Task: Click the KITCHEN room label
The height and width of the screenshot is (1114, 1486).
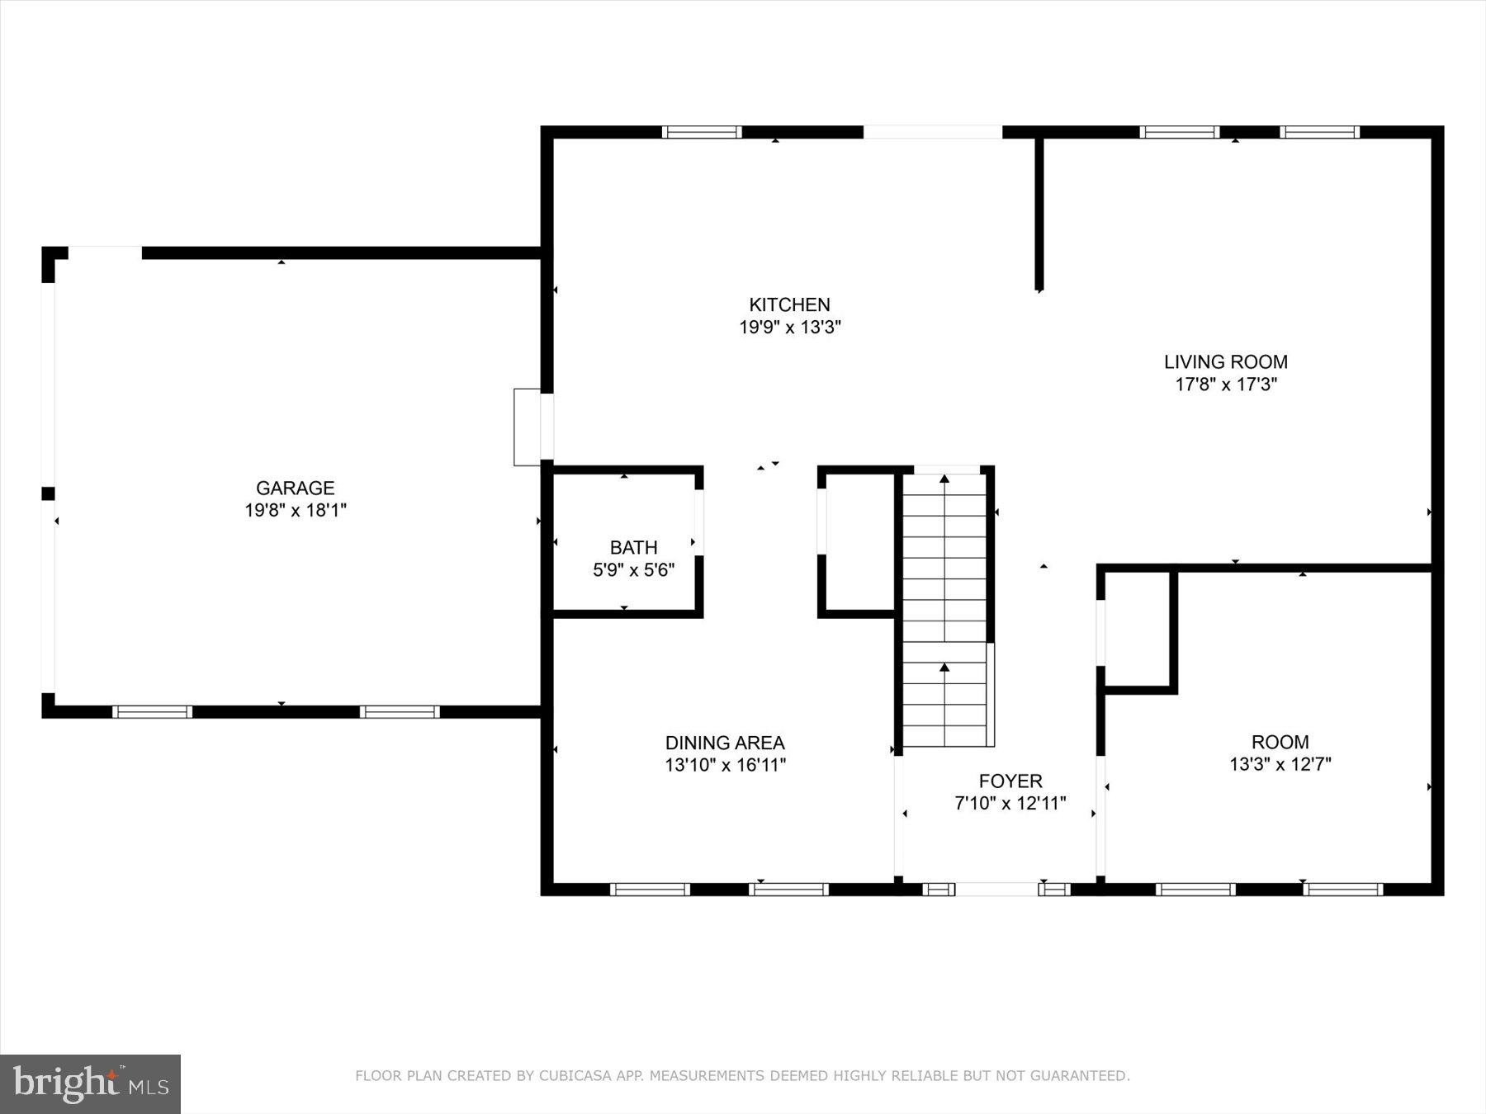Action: point(789,304)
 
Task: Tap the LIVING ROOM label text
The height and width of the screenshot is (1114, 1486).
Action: point(1225,361)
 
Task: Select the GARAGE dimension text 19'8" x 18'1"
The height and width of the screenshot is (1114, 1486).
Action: point(295,510)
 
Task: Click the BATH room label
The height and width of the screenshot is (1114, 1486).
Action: point(633,547)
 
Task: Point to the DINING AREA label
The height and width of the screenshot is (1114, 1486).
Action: point(725,743)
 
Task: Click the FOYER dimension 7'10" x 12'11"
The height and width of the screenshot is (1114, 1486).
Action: point(1010,803)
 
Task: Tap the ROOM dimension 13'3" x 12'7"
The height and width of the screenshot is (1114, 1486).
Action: point(1280,764)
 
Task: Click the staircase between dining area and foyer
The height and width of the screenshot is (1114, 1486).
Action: point(945,611)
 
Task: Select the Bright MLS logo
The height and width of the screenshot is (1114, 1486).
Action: point(90,1083)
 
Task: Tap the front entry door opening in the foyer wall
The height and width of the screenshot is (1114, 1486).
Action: point(996,890)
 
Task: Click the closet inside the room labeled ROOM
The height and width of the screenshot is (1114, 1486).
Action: point(1137,629)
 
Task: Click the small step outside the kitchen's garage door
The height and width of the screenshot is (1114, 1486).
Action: point(527,427)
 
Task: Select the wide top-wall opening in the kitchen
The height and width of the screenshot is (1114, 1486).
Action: point(932,132)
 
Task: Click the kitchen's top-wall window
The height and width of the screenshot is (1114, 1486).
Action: point(702,132)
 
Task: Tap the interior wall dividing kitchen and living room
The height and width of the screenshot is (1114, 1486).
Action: point(1039,215)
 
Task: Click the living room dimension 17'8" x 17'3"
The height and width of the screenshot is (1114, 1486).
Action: point(1225,384)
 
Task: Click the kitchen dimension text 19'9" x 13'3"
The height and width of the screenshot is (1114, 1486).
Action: point(789,328)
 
